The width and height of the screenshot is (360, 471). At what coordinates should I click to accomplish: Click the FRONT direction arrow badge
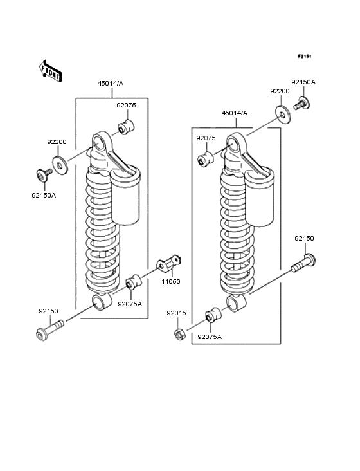51,71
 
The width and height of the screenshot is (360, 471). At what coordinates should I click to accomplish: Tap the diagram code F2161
304,57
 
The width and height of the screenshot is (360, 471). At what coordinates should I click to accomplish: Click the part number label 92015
176,313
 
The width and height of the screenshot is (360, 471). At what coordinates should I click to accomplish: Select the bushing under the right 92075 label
206,159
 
